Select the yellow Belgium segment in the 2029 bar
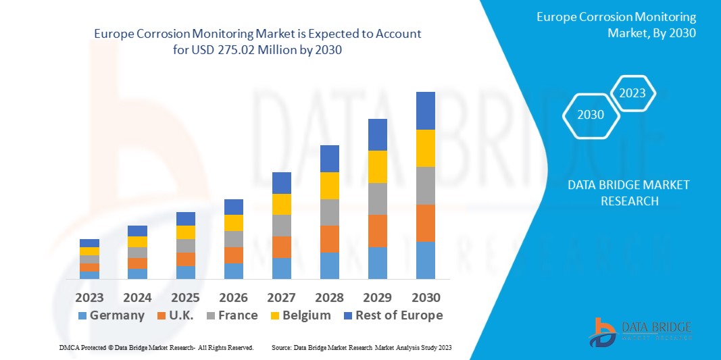click(377, 166)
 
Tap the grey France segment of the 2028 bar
click(329, 212)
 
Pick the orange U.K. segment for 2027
click(282, 247)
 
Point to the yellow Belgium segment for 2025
click(186, 232)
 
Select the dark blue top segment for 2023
click(89, 243)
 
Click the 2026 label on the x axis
click(234, 297)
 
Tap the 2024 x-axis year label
click(137, 297)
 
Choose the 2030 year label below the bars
click(426, 297)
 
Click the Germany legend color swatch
click(82, 315)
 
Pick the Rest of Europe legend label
click(399, 315)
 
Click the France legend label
click(238, 315)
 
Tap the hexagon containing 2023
click(632, 93)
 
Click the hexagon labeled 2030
click(591, 115)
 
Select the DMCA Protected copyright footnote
click(155, 347)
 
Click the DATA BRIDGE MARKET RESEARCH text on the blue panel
click(628, 192)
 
